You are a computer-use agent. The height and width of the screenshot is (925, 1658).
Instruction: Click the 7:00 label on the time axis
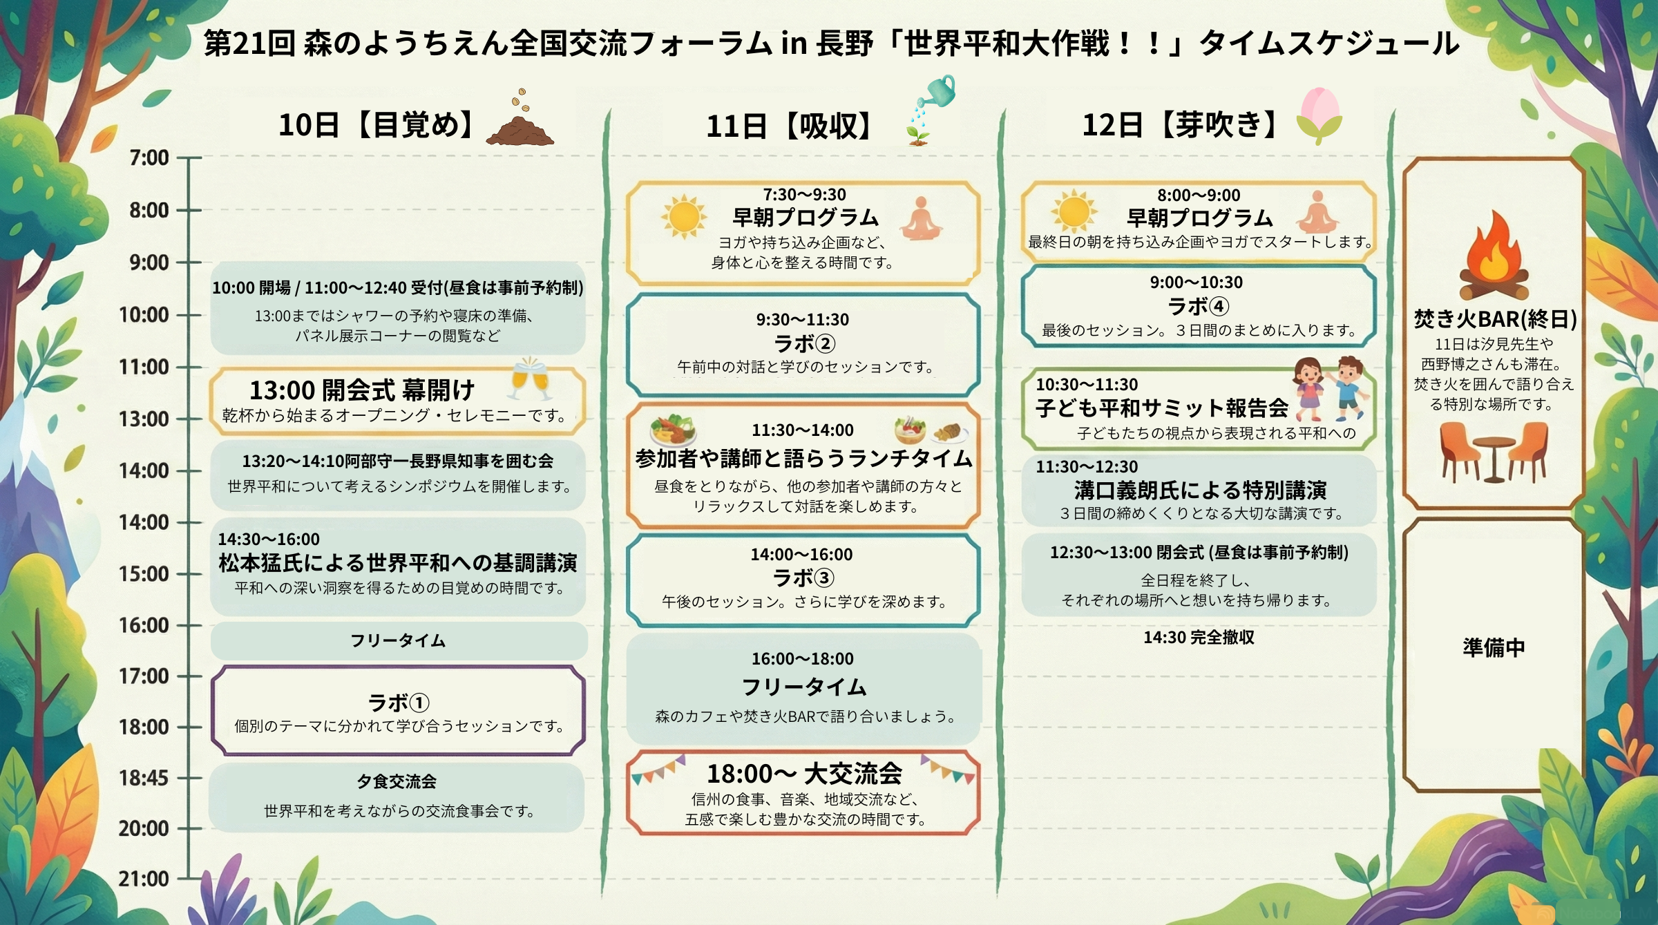pyautogui.click(x=149, y=158)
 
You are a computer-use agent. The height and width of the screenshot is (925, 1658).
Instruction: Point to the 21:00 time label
pyautogui.click(x=144, y=879)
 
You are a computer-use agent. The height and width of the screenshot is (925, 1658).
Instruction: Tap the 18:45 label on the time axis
pyautogui.click(x=144, y=778)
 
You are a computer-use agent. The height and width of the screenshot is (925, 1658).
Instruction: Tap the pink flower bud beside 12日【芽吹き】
pyautogui.click(x=1319, y=114)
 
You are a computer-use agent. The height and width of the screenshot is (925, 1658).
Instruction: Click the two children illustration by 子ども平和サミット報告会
pyautogui.click(x=1331, y=388)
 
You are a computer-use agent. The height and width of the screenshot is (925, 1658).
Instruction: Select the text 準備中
pyautogui.click(x=1494, y=647)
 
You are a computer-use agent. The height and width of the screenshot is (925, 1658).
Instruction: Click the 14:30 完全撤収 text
pyautogui.click(x=1199, y=637)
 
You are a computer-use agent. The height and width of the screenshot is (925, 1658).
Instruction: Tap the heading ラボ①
pyautogui.click(x=399, y=703)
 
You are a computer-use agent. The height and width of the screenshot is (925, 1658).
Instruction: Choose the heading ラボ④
pyautogui.click(x=1198, y=306)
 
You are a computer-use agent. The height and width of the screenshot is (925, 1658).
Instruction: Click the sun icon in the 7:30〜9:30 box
pyautogui.click(x=684, y=216)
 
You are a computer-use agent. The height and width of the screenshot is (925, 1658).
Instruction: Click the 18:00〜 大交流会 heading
pyautogui.click(x=804, y=774)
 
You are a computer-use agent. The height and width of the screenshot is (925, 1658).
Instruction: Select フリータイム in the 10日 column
pyautogui.click(x=398, y=640)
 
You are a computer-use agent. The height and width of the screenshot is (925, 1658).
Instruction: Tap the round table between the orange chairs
pyautogui.click(x=1494, y=456)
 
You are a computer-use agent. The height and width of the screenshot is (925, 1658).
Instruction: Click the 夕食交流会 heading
pyautogui.click(x=397, y=781)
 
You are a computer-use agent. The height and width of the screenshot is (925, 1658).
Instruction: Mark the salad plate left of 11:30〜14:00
pyautogui.click(x=673, y=430)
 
